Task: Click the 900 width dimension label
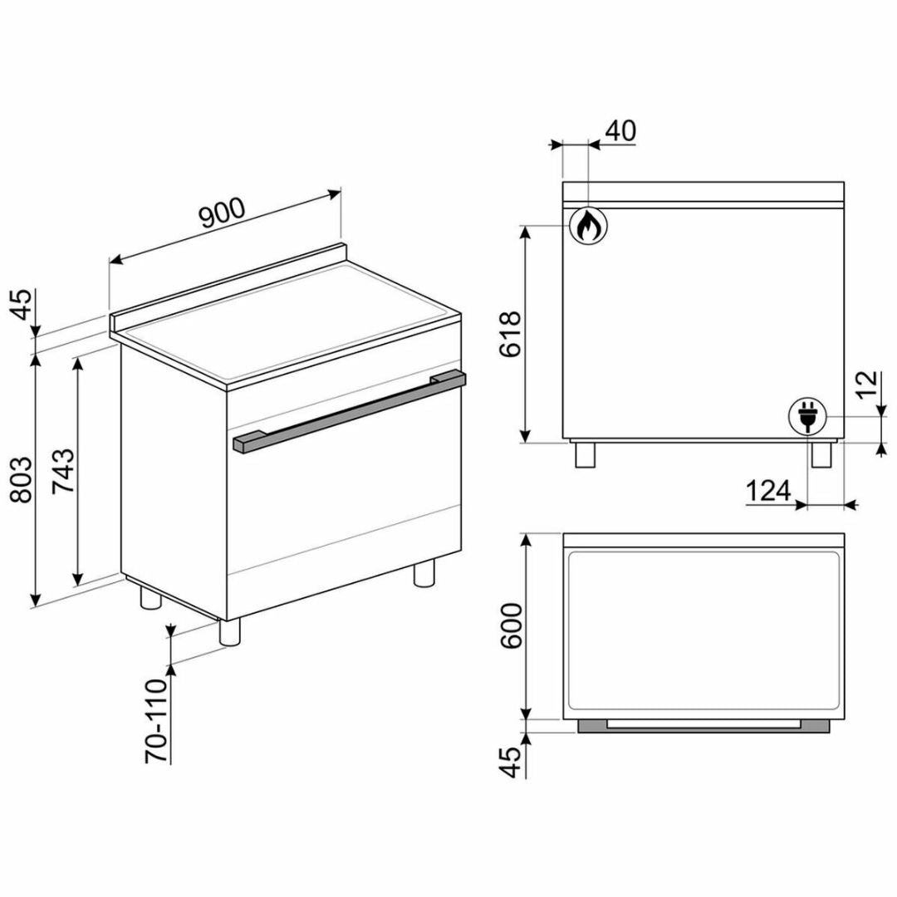(x=223, y=213)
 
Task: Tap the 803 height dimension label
(x=22, y=479)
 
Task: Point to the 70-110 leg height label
(x=156, y=721)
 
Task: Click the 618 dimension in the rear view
(x=510, y=334)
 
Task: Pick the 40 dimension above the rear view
(x=620, y=131)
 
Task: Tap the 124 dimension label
(x=768, y=490)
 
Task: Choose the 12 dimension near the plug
(x=867, y=385)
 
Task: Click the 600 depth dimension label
(x=512, y=625)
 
